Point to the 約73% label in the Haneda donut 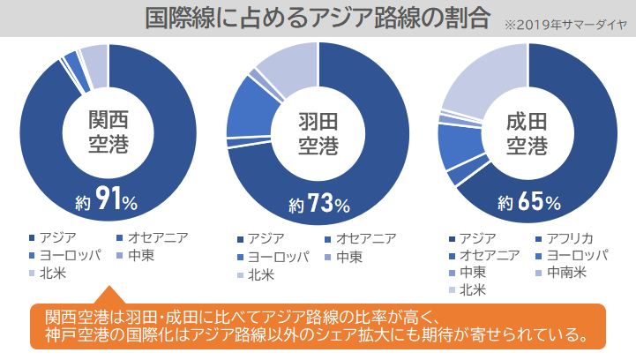click(318, 206)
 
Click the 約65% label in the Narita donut click(528, 203)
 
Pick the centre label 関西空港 click(108, 131)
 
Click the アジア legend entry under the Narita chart click(477, 238)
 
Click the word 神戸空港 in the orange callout click(74, 335)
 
